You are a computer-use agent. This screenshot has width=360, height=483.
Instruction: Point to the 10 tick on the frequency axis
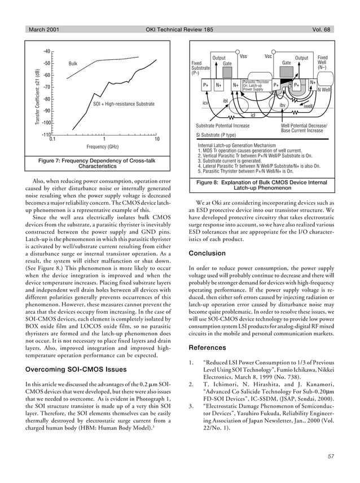coord(157,139)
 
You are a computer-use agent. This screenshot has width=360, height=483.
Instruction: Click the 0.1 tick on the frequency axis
coord(52,139)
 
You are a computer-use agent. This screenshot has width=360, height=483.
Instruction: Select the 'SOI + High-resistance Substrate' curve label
coord(123,105)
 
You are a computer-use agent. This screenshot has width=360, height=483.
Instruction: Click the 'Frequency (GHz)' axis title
coord(105,147)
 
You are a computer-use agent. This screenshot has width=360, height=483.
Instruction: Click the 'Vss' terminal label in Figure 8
coord(243,56)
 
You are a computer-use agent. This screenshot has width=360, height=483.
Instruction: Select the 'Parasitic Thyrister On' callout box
coord(256,86)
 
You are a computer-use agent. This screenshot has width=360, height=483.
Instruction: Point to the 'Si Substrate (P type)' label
coord(216,135)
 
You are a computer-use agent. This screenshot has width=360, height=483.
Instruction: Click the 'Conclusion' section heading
coord(207,253)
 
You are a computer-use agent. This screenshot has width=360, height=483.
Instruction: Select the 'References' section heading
coord(208,348)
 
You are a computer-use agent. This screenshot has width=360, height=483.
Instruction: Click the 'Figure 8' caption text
coord(261,186)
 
